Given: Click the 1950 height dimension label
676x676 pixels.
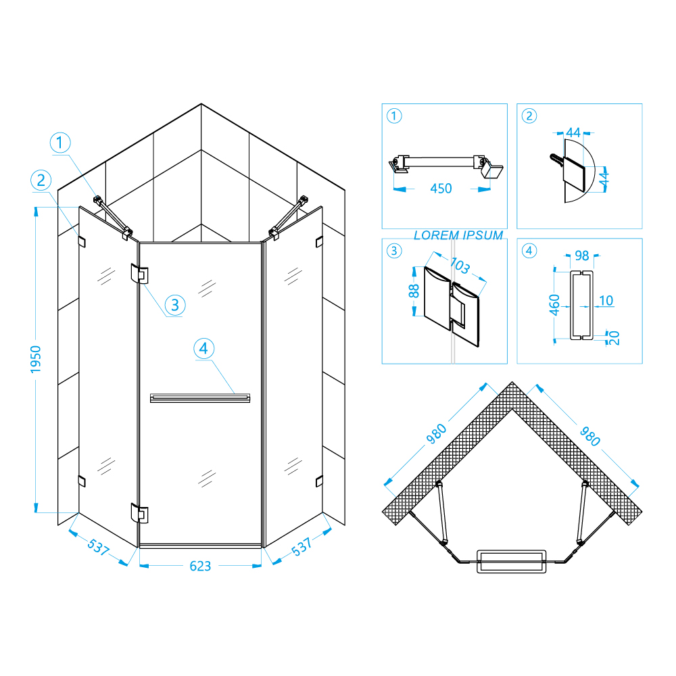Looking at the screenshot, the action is (35, 359).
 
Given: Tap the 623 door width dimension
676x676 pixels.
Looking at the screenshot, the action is (201, 566).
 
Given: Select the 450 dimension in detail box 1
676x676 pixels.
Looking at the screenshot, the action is (441, 189).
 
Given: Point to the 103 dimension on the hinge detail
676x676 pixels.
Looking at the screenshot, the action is (460, 265).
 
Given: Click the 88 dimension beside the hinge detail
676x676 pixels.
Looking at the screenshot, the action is (414, 291).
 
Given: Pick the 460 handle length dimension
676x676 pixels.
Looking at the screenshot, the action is (554, 305).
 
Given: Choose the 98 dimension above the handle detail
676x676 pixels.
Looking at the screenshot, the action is (582, 256).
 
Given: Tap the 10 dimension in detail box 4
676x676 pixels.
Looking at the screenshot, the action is (606, 301).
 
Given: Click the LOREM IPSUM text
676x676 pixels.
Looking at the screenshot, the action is (458, 235).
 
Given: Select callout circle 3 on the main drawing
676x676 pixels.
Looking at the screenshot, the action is (175, 306).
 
